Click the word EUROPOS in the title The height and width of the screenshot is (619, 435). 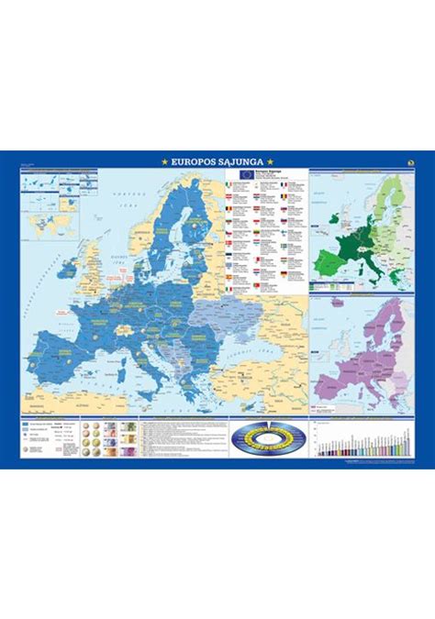(x=188, y=161)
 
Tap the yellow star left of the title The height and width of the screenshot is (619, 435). (x=164, y=161)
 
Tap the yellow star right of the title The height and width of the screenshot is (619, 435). (x=271, y=161)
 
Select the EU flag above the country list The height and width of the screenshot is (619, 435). (x=246, y=173)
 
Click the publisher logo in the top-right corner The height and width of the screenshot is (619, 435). (x=409, y=161)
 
